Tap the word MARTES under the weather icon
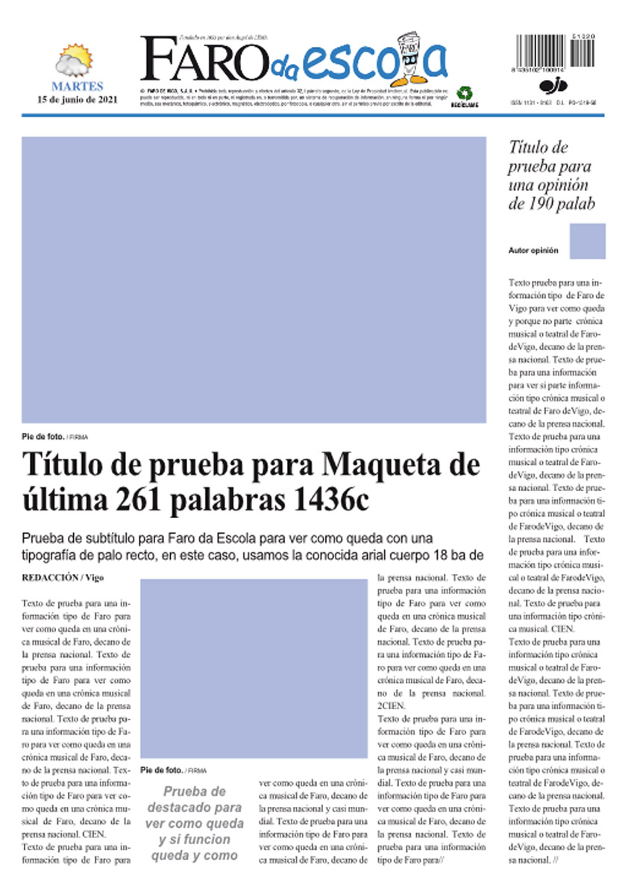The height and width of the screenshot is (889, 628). [x=78, y=87]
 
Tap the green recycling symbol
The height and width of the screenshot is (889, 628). [x=464, y=93]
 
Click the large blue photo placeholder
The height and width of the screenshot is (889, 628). [x=254, y=279]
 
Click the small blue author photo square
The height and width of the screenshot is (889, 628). [x=587, y=241]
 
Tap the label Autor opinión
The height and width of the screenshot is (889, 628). [x=533, y=251]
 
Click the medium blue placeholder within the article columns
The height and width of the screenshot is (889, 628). [x=254, y=669]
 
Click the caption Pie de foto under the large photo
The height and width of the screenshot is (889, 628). [x=43, y=436]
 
